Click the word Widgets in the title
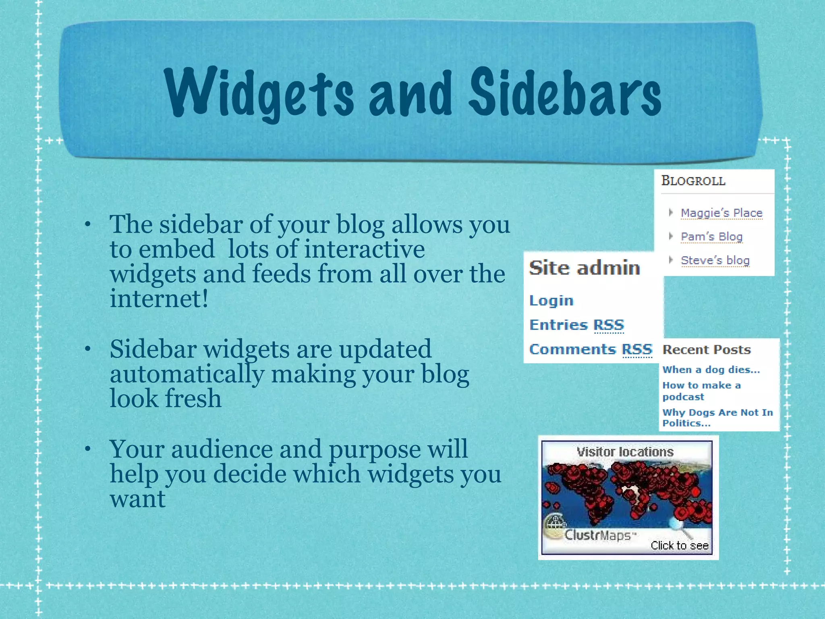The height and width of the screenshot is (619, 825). (x=258, y=93)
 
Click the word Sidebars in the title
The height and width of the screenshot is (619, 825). (x=564, y=93)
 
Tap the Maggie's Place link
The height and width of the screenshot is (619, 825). (x=721, y=213)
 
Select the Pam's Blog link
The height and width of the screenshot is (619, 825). (x=711, y=237)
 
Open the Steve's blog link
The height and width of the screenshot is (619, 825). (x=715, y=260)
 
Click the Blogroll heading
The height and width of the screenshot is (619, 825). (x=693, y=181)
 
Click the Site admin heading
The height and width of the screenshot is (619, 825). (x=584, y=268)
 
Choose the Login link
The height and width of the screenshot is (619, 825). (x=551, y=301)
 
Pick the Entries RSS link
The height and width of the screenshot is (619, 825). (x=576, y=325)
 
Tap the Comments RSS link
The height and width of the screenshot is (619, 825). (x=590, y=349)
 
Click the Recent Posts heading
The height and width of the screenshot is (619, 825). (x=707, y=350)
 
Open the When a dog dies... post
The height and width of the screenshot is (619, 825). (x=711, y=370)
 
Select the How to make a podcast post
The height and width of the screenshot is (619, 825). (x=701, y=391)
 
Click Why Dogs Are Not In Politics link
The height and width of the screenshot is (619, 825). (x=717, y=418)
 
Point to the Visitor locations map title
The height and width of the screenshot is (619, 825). (x=625, y=452)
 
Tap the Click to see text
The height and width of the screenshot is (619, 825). (x=679, y=545)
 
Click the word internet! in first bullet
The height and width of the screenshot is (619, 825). (x=159, y=299)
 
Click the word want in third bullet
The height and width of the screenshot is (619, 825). (x=137, y=499)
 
